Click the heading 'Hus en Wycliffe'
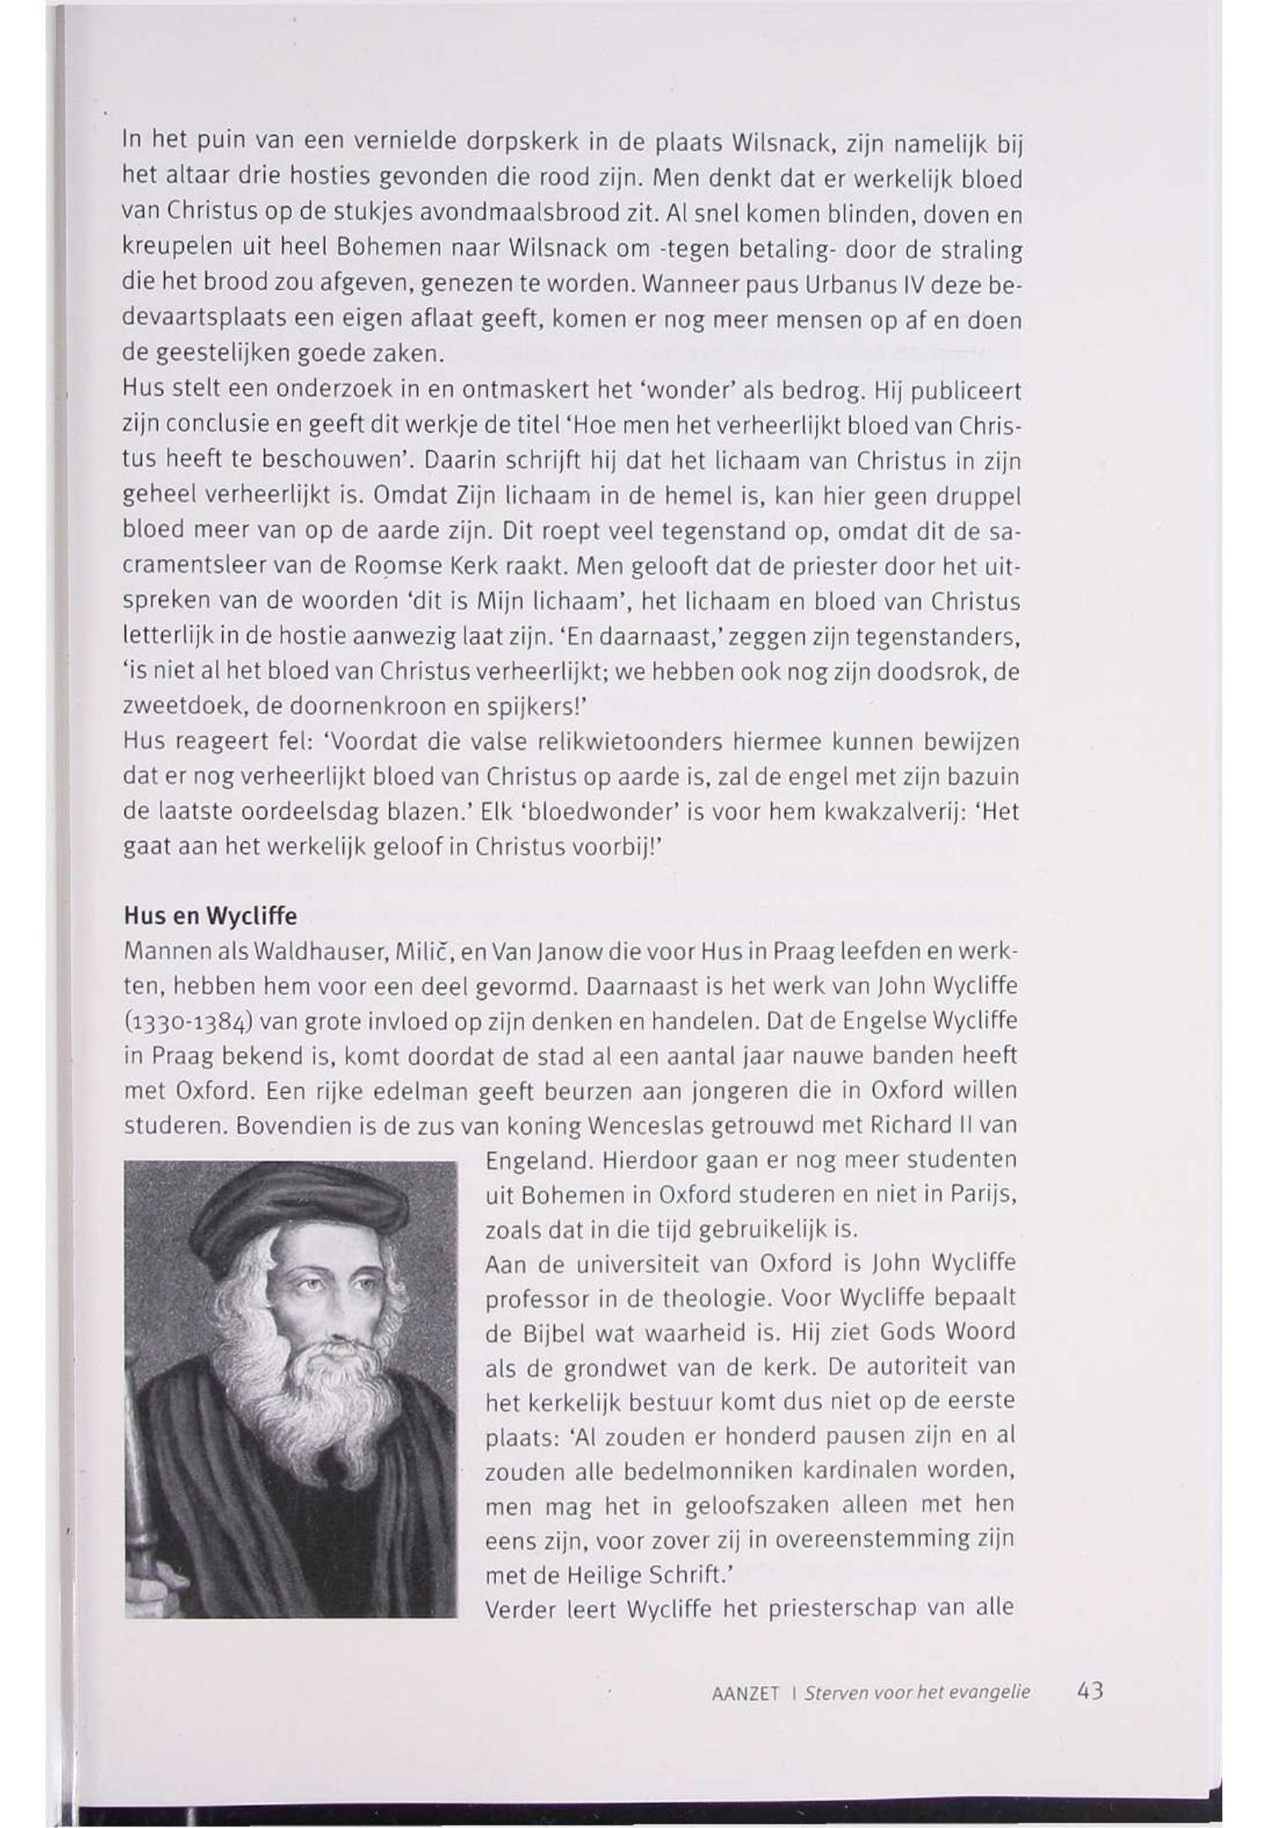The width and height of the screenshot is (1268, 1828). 210,916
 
